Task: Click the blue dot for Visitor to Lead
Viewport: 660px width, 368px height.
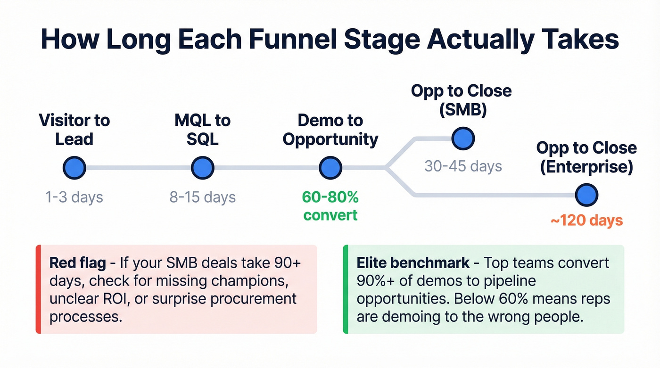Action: [74, 168]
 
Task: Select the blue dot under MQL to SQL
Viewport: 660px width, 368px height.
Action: [203, 168]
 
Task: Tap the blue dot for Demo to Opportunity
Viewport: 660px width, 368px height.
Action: [330, 168]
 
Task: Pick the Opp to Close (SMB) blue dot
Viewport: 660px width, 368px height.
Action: [463, 139]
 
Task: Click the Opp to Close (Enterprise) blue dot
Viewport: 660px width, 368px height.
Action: [586, 194]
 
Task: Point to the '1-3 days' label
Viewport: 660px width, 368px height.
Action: [74, 196]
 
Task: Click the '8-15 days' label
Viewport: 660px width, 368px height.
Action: [203, 196]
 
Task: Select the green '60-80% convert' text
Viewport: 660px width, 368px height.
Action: [330, 205]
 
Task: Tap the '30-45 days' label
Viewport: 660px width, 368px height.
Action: [463, 166]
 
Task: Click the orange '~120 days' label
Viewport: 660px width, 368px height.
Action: [586, 220]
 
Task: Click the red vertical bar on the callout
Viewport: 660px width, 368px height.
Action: [38, 289]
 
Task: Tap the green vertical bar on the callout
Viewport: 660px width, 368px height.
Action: [345, 289]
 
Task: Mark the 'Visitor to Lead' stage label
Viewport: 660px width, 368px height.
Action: [74, 130]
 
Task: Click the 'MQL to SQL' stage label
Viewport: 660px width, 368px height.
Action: [203, 130]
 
